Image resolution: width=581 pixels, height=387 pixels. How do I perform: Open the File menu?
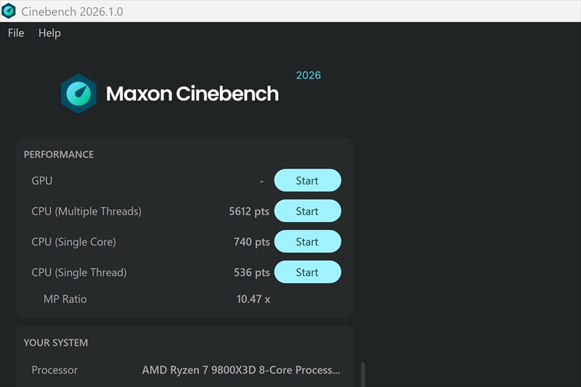[16, 33]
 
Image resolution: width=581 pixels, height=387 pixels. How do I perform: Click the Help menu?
[49, 33]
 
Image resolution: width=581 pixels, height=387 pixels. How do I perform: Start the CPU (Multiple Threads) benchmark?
[307, 211]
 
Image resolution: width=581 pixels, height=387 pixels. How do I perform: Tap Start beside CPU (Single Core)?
[307, 242]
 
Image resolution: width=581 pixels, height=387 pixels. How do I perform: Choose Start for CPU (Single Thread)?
[307, 272]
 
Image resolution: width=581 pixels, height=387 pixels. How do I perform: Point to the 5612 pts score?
[249, 211]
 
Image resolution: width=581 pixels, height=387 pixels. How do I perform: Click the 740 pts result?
[251, 242]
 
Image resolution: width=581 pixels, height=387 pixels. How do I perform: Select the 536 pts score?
[251, 272]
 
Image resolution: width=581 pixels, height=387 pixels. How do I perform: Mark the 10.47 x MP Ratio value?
[253, 299]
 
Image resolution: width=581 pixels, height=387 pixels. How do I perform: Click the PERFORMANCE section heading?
[59, 155]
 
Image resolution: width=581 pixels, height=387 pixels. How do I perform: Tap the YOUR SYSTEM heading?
[56, 343]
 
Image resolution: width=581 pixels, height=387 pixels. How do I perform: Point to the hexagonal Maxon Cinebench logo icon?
[78, 94]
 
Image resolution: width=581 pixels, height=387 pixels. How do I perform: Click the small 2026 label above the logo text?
[308, 76]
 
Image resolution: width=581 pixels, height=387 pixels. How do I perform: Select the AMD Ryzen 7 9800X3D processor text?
[241, 370]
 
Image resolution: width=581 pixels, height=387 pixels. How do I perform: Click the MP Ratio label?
[65, 299]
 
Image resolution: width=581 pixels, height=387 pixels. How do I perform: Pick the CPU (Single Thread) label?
[79, 272]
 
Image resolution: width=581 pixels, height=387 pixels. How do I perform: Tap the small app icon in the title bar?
[9, 11]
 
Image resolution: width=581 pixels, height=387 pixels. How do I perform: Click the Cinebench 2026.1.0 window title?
[72, 12]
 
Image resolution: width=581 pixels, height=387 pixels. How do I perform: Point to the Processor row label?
[54, 370]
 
